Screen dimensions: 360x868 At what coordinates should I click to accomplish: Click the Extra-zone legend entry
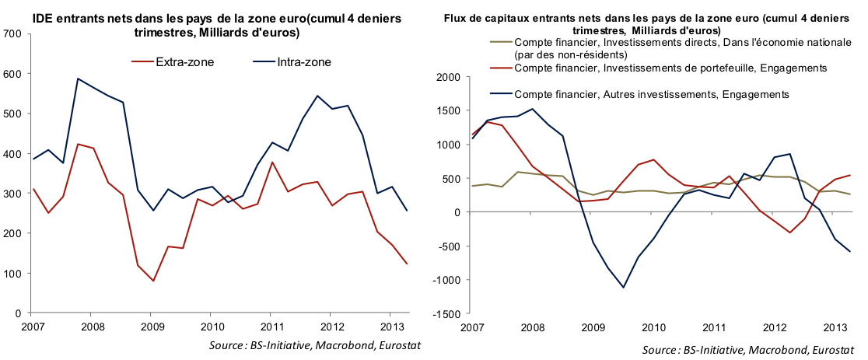[173, 61]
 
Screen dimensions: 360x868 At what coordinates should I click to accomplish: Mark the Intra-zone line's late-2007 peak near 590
[78, 79]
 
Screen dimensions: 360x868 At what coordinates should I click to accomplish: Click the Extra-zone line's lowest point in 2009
[152, 281]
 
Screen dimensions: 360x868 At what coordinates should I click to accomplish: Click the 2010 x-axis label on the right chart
[652, 327]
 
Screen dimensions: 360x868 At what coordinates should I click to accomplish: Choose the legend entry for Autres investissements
[652, 94]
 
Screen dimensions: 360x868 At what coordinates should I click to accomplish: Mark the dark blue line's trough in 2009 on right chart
[623, 288]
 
